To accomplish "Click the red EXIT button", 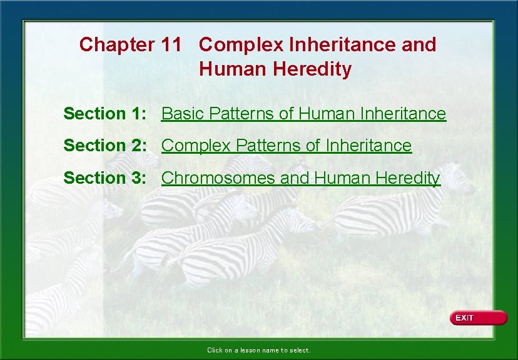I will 478,318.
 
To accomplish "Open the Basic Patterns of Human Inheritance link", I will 303,114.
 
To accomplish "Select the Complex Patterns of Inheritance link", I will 287,146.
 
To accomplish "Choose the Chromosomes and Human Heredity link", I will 300,178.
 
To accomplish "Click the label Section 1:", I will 105,114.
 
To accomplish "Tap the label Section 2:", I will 105,146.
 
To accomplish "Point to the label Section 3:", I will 105,178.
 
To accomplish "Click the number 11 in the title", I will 171,45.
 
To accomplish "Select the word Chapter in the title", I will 116,45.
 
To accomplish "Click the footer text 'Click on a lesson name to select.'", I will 258,351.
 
